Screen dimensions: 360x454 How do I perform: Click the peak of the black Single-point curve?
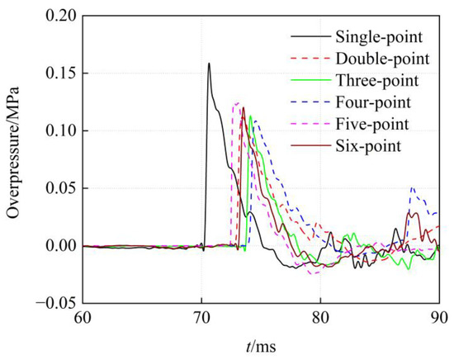coord(209,64)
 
